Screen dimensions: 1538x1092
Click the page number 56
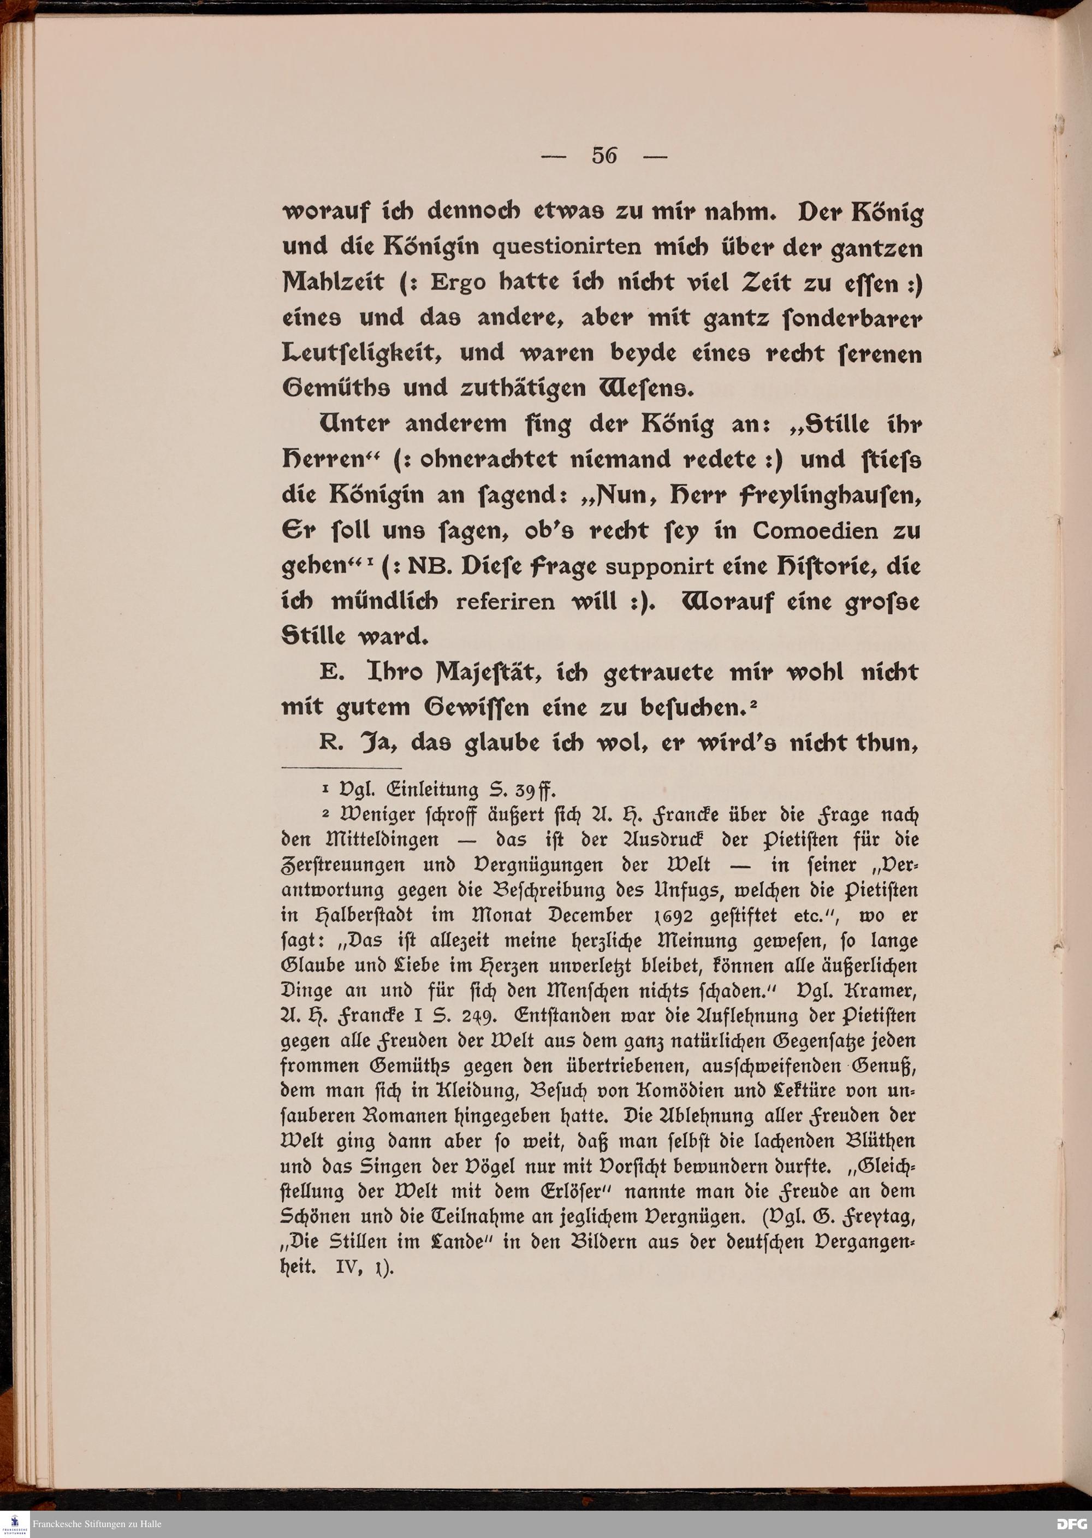[x=604, y=156]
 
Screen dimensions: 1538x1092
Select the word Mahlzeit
[x=333, y=282]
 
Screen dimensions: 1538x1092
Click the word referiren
[x=505, y=601]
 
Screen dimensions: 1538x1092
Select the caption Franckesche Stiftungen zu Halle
[x=98, y=1524]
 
